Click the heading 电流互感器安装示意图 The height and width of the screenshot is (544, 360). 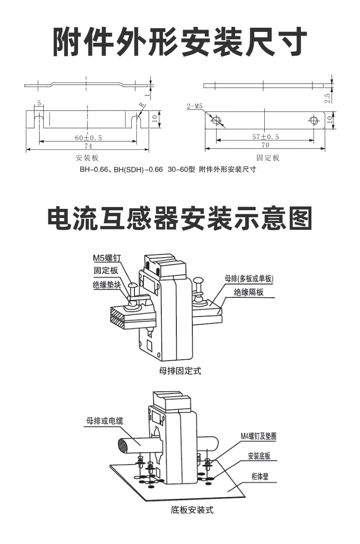180,218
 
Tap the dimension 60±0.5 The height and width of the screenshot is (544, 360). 88,137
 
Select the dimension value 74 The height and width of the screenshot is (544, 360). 88,146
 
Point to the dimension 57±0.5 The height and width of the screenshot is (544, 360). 265,137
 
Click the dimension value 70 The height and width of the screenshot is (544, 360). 265,145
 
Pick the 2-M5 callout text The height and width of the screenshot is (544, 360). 195,107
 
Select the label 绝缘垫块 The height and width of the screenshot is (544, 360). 107,285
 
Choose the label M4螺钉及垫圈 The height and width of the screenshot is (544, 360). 258,436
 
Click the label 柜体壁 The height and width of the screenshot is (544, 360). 262,477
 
